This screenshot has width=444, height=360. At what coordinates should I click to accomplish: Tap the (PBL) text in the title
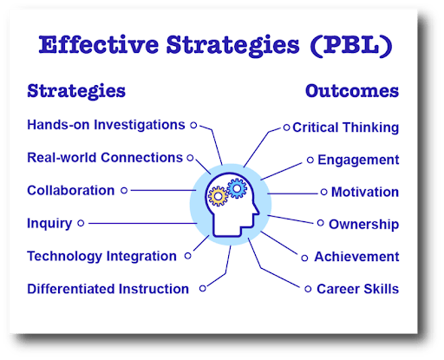354,46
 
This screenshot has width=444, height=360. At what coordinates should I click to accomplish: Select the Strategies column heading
76,90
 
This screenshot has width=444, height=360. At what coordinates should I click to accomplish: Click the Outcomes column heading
352,90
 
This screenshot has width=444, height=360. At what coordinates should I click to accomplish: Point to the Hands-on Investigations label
106,125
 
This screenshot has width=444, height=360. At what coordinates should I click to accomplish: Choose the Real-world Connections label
104,158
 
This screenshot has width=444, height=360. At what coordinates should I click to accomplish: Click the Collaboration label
70,190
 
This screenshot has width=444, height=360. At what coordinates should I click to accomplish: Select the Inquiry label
49,223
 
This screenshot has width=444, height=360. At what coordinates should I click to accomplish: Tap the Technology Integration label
101,256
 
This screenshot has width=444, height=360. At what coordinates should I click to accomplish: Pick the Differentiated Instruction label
108,289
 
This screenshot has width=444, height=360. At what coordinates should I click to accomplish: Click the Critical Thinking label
345,128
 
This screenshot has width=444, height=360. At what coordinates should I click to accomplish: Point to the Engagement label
358,160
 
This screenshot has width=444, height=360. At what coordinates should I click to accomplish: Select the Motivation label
364,192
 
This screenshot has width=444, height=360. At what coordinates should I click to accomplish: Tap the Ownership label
363,224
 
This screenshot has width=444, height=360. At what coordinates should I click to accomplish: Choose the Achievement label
356,257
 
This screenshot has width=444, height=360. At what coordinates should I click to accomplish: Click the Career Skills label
358,289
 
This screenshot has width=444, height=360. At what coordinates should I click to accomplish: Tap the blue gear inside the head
235,187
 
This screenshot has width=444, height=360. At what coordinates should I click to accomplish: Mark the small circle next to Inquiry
81,223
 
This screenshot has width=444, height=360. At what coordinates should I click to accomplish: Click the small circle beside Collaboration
124,190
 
